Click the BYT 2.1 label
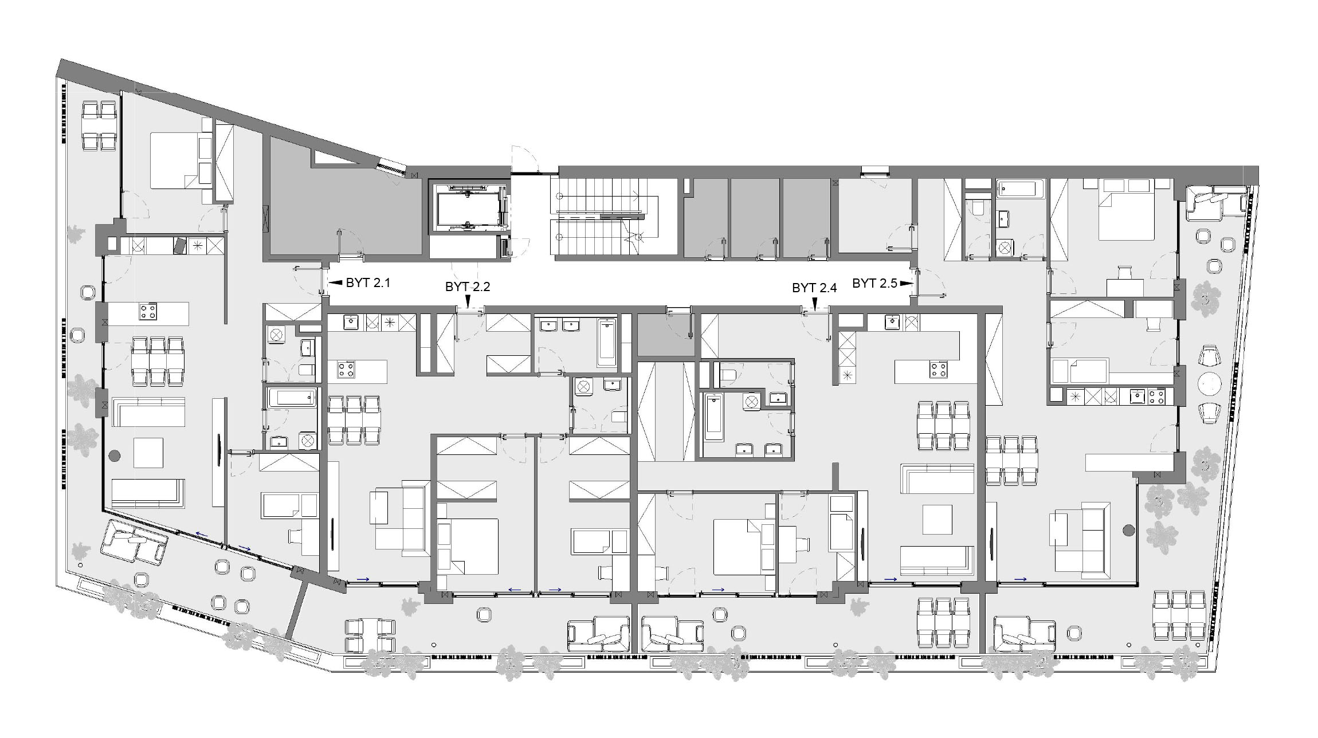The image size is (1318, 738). (368, 282)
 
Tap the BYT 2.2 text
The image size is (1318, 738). (468, 287)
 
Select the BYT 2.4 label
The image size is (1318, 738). (814, 288)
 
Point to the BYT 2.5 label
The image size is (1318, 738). (874, 283)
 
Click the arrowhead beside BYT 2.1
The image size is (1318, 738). (336, 282)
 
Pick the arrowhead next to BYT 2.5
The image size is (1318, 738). (906, 283)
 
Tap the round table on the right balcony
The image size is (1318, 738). (1209, 383)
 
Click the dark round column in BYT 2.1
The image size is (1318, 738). (115, 456)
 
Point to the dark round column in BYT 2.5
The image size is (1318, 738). (1129, 531)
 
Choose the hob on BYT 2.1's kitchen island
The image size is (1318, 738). (148, 312)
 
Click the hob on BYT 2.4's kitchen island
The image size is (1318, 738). (938, 370)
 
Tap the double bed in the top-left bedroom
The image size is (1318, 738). (181, 160)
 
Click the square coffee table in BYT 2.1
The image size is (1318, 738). (148, 453)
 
